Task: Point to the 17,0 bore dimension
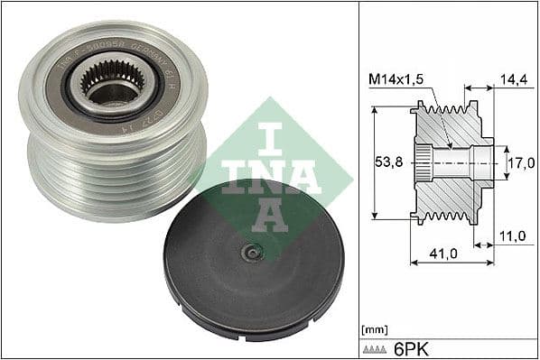pyautogui.click(x=518, y=163)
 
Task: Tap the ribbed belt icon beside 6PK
pyautogui.click(x=376, y=348)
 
